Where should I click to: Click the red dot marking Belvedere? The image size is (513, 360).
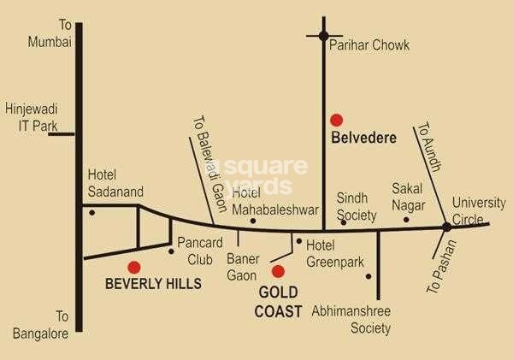pos(337,120)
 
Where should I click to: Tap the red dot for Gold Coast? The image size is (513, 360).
pos(277,272)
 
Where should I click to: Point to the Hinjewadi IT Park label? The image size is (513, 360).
pos(30,117)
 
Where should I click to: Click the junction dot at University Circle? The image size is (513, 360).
pos(446,227)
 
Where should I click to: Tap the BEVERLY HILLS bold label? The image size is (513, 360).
pos(153,283)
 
